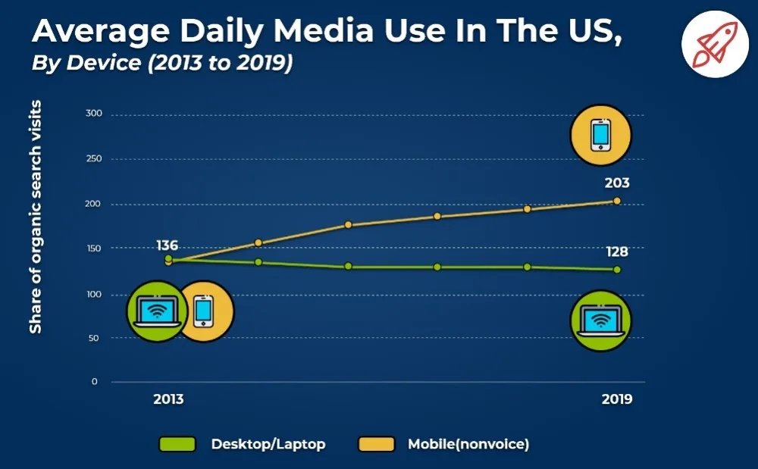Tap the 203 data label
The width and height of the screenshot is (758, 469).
point(617,183)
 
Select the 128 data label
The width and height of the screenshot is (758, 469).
point(617,252)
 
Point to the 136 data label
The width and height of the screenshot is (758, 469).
point(168,245)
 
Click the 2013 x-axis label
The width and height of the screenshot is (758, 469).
point(168,399)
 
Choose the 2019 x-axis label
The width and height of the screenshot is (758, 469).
point(617,399)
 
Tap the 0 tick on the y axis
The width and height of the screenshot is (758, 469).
point(95,382)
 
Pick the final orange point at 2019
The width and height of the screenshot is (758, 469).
point(617,201)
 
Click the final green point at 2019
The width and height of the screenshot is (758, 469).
point(617,270)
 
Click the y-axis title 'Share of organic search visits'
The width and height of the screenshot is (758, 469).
point(36,217)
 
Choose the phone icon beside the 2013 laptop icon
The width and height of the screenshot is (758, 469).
point(203,311)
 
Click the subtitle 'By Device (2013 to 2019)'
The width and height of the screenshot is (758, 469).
point(162,63)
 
